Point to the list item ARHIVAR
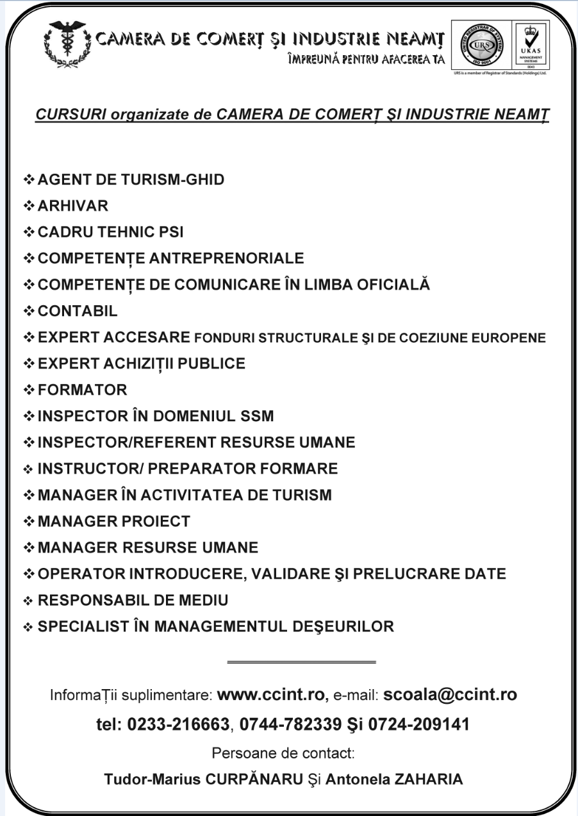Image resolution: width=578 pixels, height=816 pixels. point(73,206)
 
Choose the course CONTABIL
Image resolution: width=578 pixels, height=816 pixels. point(78,311)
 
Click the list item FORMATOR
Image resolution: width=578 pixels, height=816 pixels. point(83,390)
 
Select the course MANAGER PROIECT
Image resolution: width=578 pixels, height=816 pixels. point(114,521)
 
